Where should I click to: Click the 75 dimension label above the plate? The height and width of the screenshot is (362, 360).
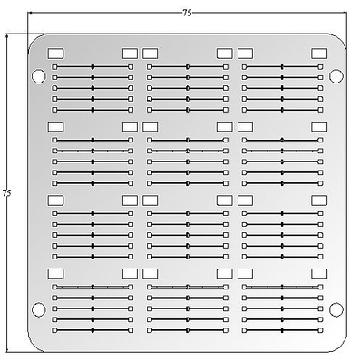pos(187,13)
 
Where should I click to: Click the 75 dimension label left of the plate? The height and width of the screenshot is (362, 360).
pos(6,193)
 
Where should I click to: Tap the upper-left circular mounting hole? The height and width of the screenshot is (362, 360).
pos(38,74)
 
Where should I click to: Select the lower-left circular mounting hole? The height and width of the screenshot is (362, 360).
pos(38,309)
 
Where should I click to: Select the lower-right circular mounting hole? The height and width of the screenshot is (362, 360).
pos(336,309)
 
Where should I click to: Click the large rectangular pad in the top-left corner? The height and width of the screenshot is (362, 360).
pos(55,54)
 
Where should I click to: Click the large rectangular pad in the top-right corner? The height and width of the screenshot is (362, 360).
pos(318,54)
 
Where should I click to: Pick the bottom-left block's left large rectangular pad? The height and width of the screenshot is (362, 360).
pos(55,272)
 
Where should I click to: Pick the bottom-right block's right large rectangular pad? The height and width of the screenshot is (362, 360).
pos(318,272)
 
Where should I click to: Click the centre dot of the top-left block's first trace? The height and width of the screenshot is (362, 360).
pos(92,67)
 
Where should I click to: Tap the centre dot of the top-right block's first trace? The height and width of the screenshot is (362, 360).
pos(281,67)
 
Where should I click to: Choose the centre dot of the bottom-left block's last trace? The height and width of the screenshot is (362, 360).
pos(92,330)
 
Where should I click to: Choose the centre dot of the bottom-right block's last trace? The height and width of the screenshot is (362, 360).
pos(281,330)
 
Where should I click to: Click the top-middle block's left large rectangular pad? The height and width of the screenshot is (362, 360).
pos(151,54)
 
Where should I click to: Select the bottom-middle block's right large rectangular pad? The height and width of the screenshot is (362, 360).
pos(224,272)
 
